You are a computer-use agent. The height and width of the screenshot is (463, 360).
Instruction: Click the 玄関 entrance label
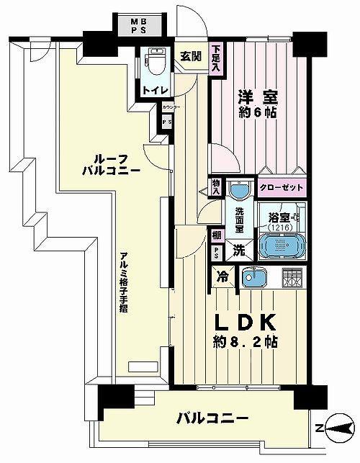(191, 55)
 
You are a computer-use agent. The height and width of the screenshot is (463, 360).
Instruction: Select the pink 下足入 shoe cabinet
(215, 59)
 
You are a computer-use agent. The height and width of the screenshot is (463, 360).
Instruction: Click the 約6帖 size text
(256, 113)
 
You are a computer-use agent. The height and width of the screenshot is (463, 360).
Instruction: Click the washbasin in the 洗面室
(238, 192)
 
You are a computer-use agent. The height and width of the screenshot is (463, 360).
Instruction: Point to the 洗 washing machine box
(238, 252)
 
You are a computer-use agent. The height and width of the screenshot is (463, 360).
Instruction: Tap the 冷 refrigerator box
(222, 276)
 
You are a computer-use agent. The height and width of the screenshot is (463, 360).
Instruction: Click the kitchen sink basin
(253, 277)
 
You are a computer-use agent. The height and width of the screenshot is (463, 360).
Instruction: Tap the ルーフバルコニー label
(109, 165)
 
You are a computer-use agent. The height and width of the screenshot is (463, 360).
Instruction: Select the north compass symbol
(336, 430)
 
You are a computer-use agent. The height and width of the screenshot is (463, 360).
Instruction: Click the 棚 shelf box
(217, 234)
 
